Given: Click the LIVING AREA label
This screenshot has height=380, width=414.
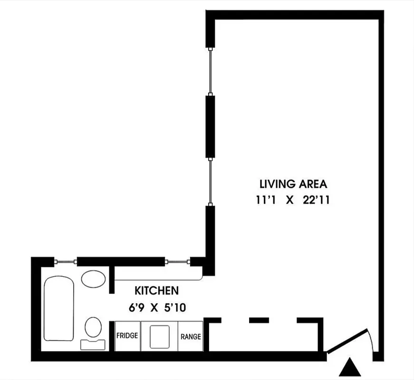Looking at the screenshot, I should tap(293, 184).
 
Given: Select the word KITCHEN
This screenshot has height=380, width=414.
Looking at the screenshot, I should tap(156, 290).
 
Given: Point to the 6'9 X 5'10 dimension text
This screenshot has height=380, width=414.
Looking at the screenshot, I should tap(156, 307).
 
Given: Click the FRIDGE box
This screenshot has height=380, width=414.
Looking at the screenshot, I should tap(127, 336).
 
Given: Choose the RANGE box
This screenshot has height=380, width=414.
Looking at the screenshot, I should tap(191, 336).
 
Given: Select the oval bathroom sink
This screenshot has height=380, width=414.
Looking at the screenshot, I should tap(94, 278).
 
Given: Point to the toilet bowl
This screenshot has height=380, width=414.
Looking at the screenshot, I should tap(94, 328).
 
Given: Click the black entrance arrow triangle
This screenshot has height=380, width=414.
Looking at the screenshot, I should tap(352, 367).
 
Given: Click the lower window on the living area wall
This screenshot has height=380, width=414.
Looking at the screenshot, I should tap(210, 181).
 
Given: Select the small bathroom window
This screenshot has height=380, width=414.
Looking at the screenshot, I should tap(66, 261).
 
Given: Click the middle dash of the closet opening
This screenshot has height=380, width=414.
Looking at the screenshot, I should tap(259, 320).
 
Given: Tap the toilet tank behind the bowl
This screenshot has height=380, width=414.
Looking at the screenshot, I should tap(94, 343).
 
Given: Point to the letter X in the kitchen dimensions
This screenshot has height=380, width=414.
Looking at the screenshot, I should tap(154, 307).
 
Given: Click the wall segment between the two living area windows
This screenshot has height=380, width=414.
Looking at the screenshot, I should tap(210, 126).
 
